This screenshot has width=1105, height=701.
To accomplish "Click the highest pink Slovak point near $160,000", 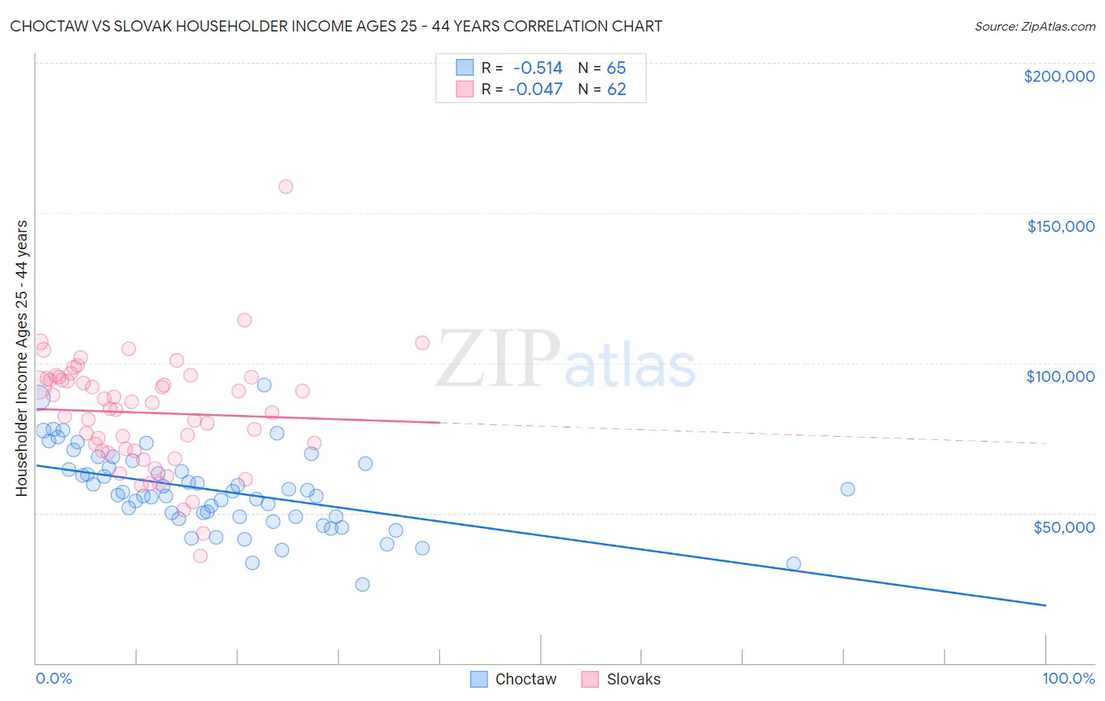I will point(286,186).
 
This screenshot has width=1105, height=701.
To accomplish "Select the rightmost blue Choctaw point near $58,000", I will point(847,489).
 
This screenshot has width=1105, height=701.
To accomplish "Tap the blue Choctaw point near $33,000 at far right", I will point(794,563).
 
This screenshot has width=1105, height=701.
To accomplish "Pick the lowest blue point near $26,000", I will point(362,584).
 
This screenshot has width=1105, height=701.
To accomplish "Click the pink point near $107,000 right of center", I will point(422,343).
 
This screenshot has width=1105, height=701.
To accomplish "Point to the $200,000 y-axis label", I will point(1059,76).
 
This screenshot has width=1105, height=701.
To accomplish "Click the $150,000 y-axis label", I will point(1060,226).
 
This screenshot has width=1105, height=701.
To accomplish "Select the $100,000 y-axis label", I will point(1060,376).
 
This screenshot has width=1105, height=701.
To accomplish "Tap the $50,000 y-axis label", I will point(1063,527).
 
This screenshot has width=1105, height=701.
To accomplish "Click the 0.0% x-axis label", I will point(53,678).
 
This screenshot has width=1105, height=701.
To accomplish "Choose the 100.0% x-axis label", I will point(1068,678).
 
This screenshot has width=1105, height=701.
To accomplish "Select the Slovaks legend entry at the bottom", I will point(621,679).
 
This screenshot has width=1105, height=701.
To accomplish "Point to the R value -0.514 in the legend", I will point(538,68).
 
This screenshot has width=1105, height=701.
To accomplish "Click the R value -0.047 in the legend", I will point(536,90).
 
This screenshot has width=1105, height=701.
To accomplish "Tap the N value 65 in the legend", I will point(616,68).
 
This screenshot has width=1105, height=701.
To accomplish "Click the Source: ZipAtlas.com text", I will point(1034,26).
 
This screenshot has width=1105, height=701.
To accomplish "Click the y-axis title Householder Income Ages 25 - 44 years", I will point(22,358).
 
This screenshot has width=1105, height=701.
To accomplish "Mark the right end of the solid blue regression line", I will point(1045,605).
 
